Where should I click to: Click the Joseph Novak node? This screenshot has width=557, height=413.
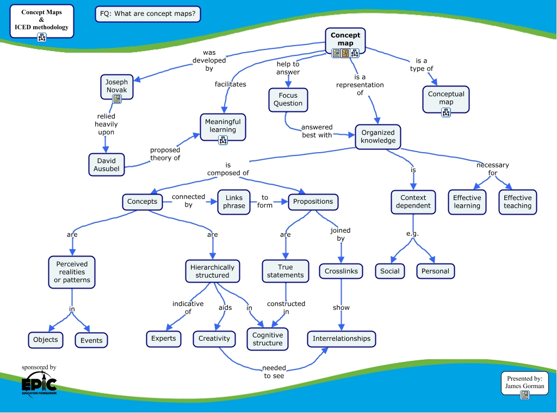click(116, 85)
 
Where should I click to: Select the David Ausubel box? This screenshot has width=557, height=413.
click(107, 165)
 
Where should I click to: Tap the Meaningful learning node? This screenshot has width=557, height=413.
click(223, 126)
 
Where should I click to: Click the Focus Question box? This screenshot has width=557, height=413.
click(288, 99)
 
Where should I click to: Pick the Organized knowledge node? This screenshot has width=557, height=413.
click(378, 136)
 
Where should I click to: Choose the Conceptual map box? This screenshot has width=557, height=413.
click(446, 98)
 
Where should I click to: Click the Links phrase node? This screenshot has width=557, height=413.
click(234, 202)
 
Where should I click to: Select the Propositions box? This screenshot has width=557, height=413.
click(313, 202)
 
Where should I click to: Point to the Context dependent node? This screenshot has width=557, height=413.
click(413, 202)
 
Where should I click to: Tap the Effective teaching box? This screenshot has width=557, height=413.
click(517, 202)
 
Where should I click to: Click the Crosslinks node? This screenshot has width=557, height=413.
click(341, 271)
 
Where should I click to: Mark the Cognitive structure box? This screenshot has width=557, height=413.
click(268, 339)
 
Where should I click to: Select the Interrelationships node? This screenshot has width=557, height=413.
click(341, 339)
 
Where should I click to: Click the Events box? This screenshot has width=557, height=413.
click(91, 340)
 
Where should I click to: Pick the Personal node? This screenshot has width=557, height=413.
click(435, 271)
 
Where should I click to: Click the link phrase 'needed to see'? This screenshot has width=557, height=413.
click(274, 372)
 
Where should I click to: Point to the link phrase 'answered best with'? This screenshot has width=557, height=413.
click(317, 131)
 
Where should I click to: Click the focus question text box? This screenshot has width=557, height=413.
click(148, 14)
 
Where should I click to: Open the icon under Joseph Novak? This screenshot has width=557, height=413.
click(116, 99)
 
